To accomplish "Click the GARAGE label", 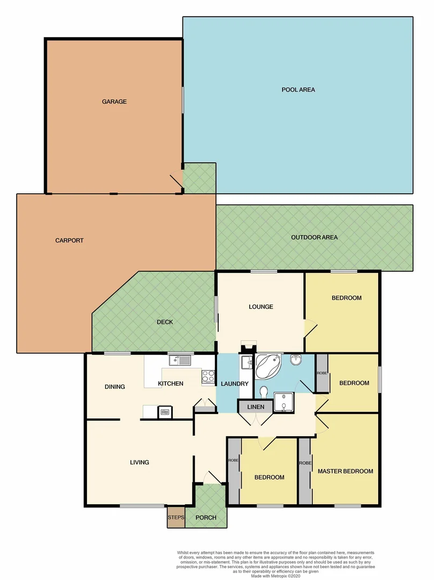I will [x=114, y=102].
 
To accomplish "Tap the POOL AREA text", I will [x=298, y=90].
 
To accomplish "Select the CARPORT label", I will [x=69, y=241].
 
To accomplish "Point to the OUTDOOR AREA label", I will [x=314, y=237].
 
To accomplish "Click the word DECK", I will [x=165, y=322].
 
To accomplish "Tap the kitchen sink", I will [x=180, y=361].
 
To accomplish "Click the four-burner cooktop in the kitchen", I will [x=208, y=377].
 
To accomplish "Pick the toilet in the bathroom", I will [x=263, y=392].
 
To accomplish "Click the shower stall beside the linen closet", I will [x=283, y=402].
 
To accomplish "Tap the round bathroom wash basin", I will [x=295, y=360].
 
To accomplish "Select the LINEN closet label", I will [x=256, y=407].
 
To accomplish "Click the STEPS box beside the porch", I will [x=176, y=517].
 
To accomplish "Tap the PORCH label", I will [x=206, y=518].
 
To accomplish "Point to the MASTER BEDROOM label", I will [x=345, y=472].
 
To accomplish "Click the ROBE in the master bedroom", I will [x=305, y=463].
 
